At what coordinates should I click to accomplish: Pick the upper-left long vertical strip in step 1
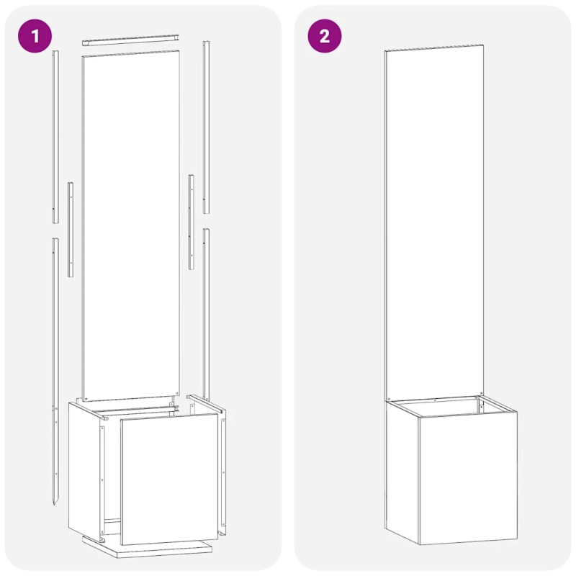(x=55, y=137)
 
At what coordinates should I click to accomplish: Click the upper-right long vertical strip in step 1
(x=206, y=127)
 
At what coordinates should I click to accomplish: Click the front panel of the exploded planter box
(x=169, y=479)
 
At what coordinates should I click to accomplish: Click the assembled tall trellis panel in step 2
(x=434, y=216)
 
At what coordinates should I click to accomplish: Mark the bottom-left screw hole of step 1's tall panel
(x=87, y=397)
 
